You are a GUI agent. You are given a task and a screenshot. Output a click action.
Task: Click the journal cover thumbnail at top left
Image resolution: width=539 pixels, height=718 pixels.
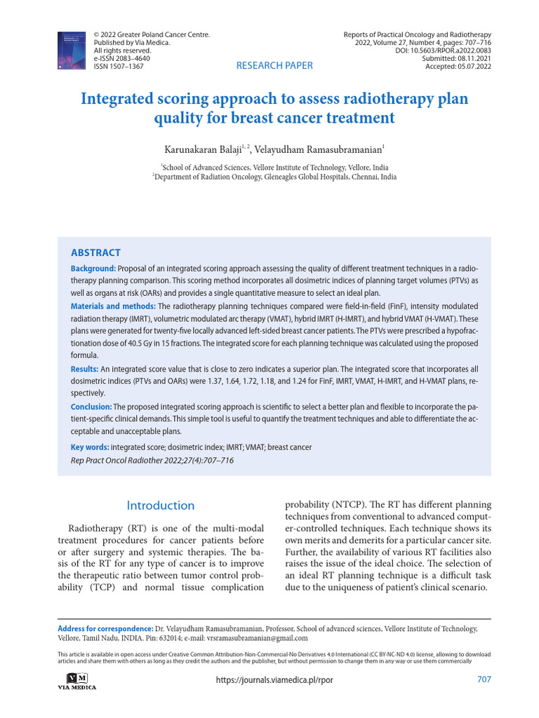(x=72, y=50)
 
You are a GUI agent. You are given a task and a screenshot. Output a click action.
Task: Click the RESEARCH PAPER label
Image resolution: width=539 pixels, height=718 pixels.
(x=274, y=66)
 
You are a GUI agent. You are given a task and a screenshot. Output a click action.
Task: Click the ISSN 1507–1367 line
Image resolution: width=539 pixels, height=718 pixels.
(x=119, y=67)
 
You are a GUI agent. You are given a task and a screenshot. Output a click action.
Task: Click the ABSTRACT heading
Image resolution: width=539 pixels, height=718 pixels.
(x=95, y=252)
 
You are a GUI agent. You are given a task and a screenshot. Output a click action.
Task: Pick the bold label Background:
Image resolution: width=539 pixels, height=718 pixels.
(x=93, y=269)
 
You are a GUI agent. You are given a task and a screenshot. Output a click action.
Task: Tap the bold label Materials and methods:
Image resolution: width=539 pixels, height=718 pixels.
(x=113, y=306)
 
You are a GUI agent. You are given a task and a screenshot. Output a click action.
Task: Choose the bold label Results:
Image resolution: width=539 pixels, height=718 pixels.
(x=84, y=369)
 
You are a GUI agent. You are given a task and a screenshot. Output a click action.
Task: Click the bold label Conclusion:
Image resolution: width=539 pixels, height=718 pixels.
(x=91, y=407)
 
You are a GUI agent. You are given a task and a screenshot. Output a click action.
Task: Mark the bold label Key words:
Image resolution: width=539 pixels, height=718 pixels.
(x=90, y=447)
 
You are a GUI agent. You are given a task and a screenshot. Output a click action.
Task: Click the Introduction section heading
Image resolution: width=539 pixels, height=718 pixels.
(x=160, y=506)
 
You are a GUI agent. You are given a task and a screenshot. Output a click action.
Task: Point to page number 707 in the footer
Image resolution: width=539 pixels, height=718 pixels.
(x=484, y=679)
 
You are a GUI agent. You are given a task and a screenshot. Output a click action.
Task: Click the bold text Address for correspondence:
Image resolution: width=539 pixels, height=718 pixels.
(x=105, y=629)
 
